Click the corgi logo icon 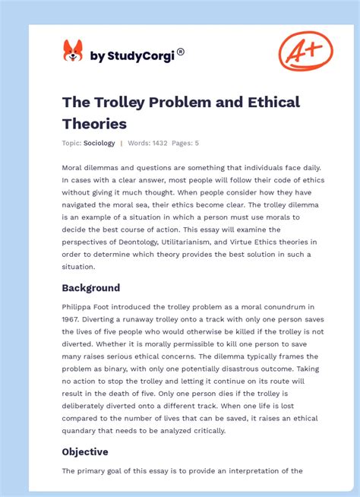click(x=73, y=51)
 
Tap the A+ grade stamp click(x=305, y=51)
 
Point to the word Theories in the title click(x=94, y=123)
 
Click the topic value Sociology click(x=99, y=143)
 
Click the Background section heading click(x=91, y=288)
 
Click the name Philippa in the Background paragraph click(x=80, y=306)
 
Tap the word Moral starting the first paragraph click(x=74, y=167)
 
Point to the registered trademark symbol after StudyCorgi click(x=181, y=52)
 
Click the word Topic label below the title click(x=71, y=143)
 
